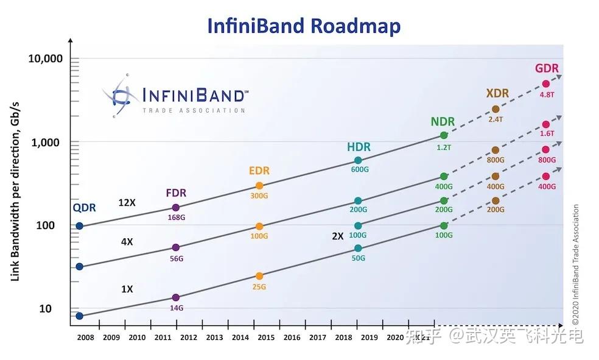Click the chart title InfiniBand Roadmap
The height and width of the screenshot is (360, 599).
coord(304,26)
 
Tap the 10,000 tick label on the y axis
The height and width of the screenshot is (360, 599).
coord(46,59)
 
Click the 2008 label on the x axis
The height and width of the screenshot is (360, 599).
coord(85,336)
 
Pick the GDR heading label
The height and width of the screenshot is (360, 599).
coord(546,69)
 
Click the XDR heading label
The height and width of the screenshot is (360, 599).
coord(497,93)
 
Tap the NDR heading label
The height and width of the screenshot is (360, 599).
coord(443,121)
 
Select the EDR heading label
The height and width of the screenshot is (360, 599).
coord(259,171)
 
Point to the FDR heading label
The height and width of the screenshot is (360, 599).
coord(176,193)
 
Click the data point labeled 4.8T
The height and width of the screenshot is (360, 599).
coord(546,84)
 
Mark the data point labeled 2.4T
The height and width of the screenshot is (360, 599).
coord(496,109)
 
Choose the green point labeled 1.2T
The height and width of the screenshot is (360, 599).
coord(444,135)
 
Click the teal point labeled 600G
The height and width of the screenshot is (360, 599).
coord(358,161)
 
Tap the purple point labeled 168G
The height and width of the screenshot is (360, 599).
coord(176,208)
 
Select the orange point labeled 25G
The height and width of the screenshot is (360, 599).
coord(259,276)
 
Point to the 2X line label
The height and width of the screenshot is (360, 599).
coord(338,236)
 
